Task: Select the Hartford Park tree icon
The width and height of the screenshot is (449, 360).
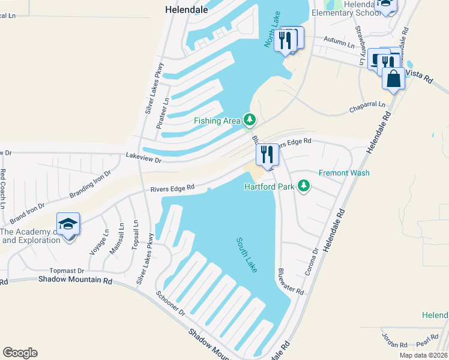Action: tap(304, 186)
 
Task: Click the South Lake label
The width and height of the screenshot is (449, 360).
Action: tap(247, 255)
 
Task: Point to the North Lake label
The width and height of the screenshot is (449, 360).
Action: tap(271, 30)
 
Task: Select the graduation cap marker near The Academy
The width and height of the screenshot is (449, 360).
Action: tap(68, 225)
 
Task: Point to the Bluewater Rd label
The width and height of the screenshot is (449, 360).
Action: tap(291, 281)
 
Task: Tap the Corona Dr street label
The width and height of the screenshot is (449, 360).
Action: tap(311, 261)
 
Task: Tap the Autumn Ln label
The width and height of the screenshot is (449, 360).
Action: tap(339, 42)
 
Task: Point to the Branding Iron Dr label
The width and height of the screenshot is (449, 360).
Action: tap(91, 185)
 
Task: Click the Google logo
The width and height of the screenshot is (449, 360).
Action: tap(20, 353)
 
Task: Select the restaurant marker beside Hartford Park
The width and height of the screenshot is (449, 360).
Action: tap(267, 155)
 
